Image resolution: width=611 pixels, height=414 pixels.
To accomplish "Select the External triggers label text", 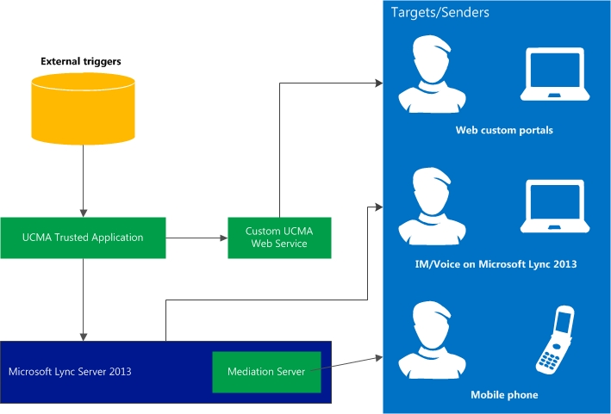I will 81,61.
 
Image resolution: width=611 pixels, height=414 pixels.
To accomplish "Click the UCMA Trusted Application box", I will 83,238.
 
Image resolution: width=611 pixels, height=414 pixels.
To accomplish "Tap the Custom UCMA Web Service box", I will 279,238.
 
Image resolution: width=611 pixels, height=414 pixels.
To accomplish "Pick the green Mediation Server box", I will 266,372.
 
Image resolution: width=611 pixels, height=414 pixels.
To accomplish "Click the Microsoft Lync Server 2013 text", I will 69,372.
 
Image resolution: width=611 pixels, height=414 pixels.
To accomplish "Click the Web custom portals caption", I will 504,131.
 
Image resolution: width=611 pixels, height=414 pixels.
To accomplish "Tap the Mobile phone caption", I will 504,395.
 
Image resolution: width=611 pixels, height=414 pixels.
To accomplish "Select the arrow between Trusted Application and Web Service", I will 196,238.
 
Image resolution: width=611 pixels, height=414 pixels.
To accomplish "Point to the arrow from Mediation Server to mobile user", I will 352,364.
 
